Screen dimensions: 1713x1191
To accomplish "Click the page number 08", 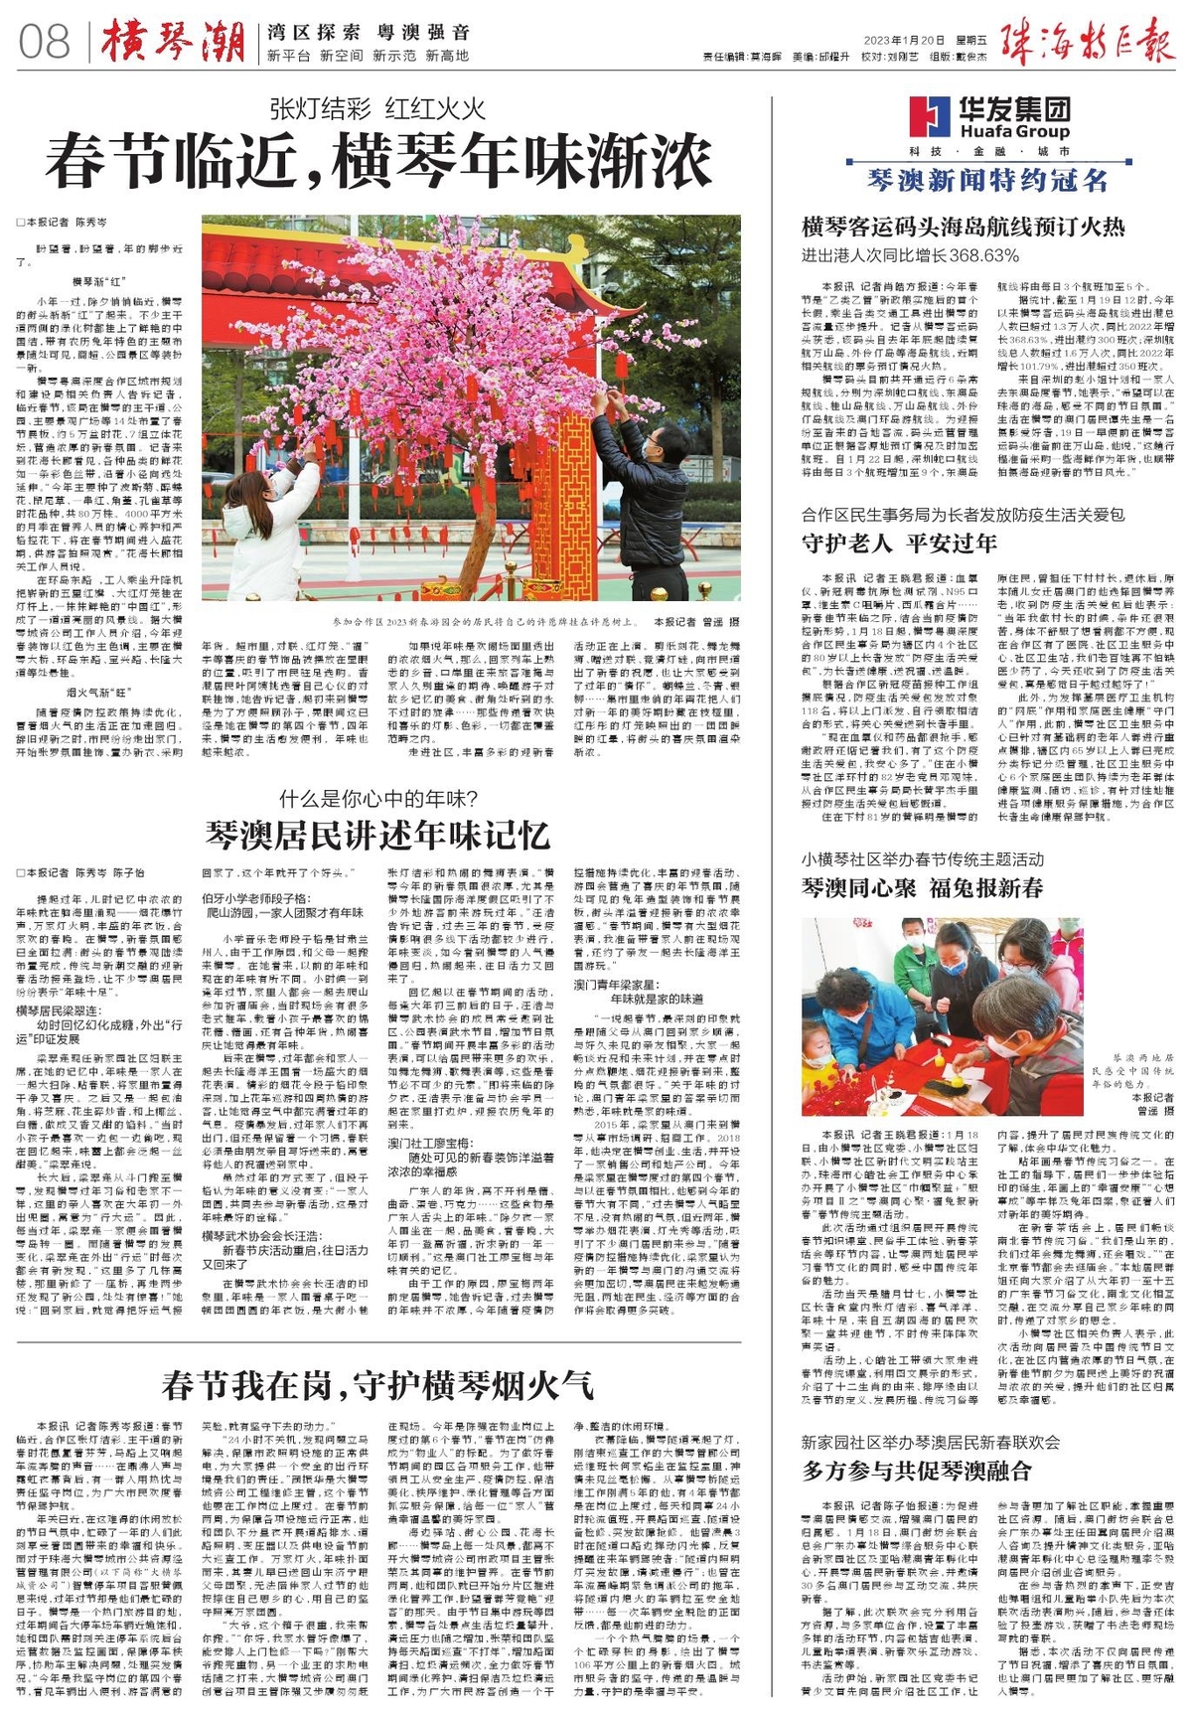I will point(45,43).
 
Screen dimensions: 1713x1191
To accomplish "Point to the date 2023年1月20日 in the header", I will point(903,41).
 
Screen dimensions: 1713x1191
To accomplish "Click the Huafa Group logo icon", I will point(930,116).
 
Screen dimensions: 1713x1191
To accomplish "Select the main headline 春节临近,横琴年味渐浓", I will point(378,163).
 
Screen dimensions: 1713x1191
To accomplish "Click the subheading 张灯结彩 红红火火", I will point(377,108).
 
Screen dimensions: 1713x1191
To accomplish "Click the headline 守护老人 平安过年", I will point(899,543).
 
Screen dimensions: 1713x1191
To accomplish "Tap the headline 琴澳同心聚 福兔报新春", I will point(922,887).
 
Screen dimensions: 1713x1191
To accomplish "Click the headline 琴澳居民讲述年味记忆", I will point(377,833).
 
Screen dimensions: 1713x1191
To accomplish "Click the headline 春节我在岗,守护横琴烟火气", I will point(377,1383).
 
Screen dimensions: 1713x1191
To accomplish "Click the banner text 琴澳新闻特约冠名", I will point(986,180).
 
